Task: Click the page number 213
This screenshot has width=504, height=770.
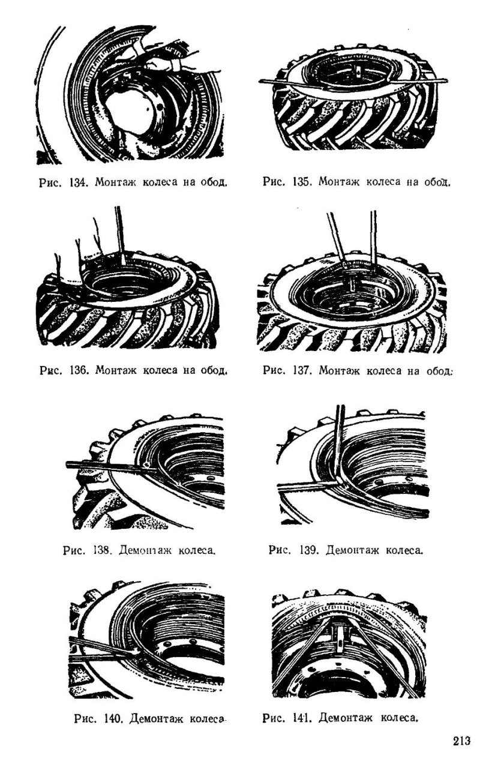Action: click(461, 740)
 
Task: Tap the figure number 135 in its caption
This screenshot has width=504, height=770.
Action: click(302, 181)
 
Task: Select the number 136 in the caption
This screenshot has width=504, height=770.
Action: click(79, 370)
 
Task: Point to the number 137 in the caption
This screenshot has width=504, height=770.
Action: click(302, 370)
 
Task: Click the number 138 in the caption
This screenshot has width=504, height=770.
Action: click(102, 550)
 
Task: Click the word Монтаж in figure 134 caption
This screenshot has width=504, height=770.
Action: click(115, 181)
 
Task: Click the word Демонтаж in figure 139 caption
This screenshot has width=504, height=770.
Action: click(352, 550)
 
